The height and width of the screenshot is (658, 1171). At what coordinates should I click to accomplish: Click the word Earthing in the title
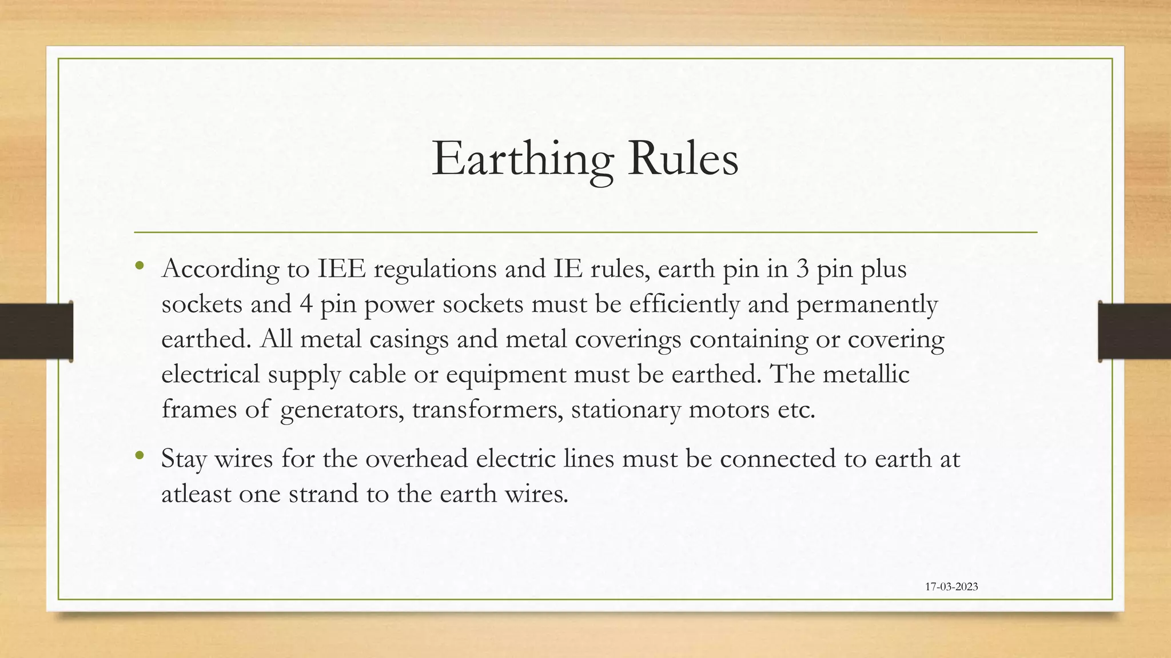(522, 159)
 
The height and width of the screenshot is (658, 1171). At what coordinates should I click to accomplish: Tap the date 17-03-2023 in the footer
(951, 587)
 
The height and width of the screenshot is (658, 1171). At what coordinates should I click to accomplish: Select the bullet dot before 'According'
(140, 266)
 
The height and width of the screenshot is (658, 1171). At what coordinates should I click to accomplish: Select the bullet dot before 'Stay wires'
(140, 455)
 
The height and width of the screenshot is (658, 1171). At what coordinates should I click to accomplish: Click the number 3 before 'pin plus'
(803, 269)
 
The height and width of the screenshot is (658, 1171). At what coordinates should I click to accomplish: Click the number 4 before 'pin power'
(305, 304)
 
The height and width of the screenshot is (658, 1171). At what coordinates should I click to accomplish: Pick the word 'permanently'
(867, 305)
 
